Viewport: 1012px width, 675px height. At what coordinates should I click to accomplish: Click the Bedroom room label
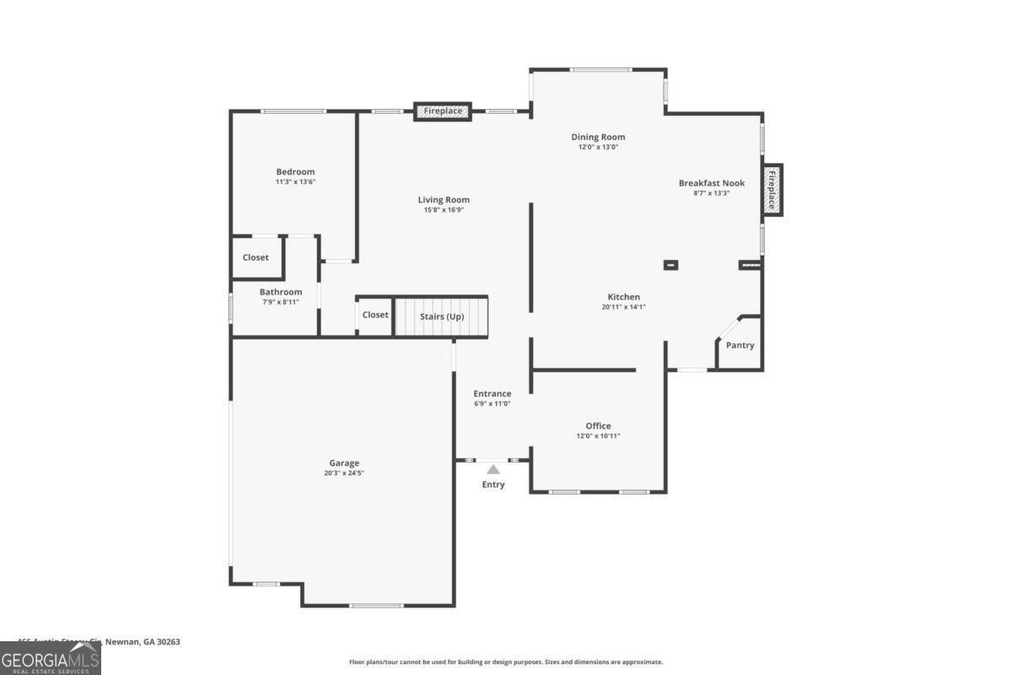pos(295,172)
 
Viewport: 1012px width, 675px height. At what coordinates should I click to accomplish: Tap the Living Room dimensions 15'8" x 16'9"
pos(444,210)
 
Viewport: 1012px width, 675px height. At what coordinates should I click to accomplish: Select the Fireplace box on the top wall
pos(443,111)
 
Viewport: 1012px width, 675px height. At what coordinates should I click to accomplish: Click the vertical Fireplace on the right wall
pos(771,190)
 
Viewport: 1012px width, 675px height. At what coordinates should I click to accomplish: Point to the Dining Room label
pos(598,137)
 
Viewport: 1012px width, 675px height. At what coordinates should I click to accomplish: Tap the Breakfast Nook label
pos(711,182)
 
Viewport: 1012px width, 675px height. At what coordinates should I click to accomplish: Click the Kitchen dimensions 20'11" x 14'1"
pos(624,307)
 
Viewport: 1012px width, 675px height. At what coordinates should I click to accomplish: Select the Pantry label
pos(740,345)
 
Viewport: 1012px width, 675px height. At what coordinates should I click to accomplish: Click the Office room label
pos(598,426)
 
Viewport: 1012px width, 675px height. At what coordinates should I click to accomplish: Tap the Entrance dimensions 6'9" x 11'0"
pos(492,404)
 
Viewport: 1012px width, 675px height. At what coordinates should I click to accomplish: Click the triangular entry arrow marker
pos(493,469)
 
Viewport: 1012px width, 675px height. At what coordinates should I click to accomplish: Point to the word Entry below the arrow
pos(493,484)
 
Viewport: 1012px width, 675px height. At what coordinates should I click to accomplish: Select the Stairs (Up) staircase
pos(442,316)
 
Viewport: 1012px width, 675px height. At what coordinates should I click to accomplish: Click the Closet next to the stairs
pos(375,315)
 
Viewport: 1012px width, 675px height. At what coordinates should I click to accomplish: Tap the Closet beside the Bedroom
pos(256,257)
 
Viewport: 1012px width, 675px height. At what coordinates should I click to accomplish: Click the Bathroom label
pos(280,292)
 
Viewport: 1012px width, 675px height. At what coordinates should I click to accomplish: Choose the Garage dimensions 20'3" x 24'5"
pos(344,473)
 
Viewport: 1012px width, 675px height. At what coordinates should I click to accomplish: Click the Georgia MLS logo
pos(51,658)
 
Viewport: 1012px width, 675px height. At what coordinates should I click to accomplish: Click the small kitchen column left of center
pos(671,265)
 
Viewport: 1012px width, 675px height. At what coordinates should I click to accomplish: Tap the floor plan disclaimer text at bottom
pos(506,662)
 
